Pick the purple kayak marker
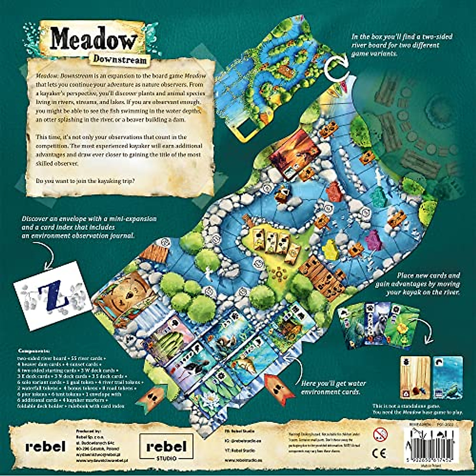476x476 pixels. coord(373,239)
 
